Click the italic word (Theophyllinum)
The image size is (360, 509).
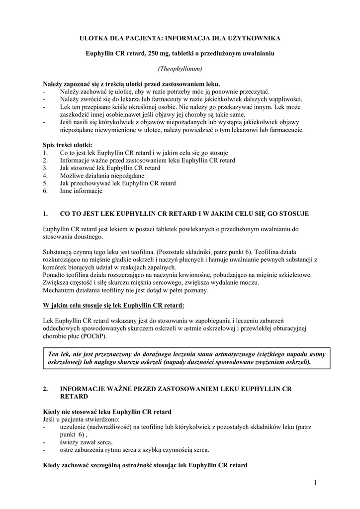[180, 68]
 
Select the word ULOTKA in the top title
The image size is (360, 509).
[95, 38]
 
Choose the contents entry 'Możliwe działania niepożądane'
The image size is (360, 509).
[102, 175]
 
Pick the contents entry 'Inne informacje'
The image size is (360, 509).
[81, 191]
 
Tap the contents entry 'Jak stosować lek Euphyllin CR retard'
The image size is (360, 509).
[110, 168]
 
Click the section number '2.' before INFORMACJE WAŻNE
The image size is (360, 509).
[46, 389]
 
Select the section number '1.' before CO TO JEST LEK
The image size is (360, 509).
[46, 214]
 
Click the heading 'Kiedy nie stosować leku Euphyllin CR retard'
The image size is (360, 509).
[107, 412]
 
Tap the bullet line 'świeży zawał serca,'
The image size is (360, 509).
[86, 443]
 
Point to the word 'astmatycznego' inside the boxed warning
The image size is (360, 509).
[228, 354]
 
